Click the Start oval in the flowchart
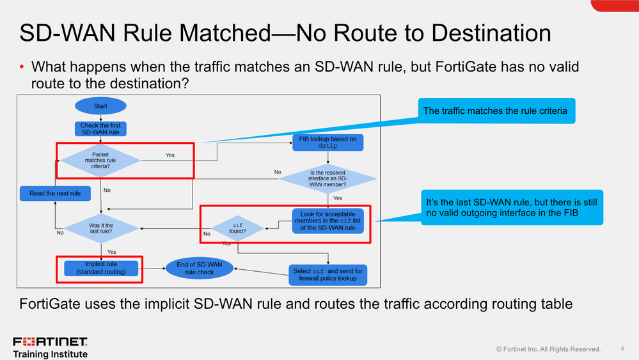(100, 106)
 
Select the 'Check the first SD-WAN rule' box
(100, 129)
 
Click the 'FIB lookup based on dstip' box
(327, 142)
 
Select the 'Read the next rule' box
(55, 192)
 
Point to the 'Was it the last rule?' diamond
(101, 229)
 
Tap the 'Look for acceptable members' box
(327, 220)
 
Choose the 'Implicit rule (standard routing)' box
(101, 268)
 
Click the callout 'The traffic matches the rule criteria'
(495, 111)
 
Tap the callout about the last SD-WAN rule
(511, 207)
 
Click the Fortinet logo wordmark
(51, 341)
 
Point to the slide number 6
(623, 348)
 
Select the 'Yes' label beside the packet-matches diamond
(170, 155)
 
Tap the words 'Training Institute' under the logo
(51, 354)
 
